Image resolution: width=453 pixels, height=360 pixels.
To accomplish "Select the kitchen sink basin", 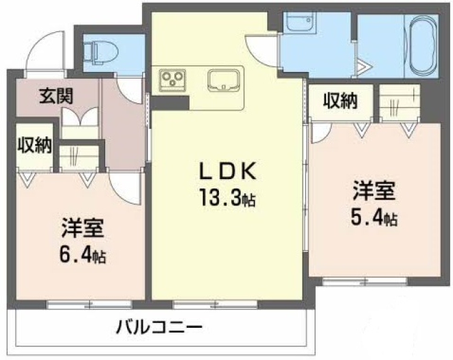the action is (223, 80).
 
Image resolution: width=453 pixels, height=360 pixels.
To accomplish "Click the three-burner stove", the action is (172, 78).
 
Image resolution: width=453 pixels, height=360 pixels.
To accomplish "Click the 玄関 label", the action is (56, 96).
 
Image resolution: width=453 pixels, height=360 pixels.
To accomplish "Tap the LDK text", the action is (227, 171).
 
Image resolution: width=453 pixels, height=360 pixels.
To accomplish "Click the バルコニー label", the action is (159, 327).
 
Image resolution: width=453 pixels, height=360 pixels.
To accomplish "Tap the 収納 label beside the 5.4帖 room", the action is (340, 101).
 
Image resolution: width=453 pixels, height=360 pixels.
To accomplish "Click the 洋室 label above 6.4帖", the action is (82, 228).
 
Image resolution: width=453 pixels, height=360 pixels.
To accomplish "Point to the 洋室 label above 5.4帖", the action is (374, 191).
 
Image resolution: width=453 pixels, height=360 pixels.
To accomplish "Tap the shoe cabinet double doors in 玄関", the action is (80, 117).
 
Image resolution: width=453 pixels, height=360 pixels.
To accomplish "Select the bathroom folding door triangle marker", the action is (364, 67).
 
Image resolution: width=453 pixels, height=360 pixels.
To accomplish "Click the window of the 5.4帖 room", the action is (364, 280).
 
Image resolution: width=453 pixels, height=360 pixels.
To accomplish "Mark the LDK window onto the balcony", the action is (215, 304).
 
